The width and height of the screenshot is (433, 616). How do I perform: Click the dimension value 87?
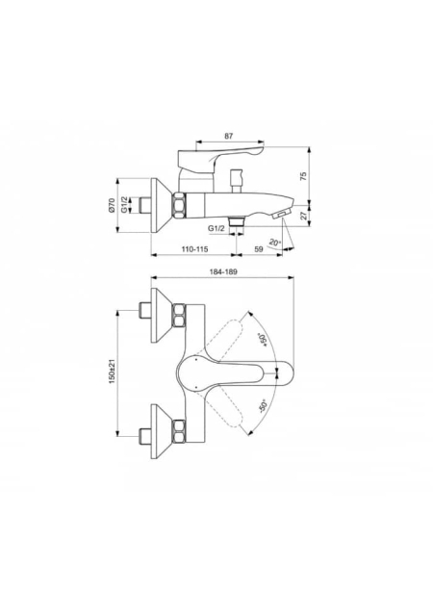[228, 136]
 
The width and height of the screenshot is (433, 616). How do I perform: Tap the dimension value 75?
[303, 176]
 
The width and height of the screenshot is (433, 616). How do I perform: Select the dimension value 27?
[303, 215]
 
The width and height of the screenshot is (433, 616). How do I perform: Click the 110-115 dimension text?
[194, 249]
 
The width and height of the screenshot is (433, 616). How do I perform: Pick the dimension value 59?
[259, 249]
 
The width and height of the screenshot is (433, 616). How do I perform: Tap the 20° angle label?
[275, 244]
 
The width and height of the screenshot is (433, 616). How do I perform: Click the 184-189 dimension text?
[224, 271]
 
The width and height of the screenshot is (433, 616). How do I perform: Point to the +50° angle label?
[262, 340]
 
